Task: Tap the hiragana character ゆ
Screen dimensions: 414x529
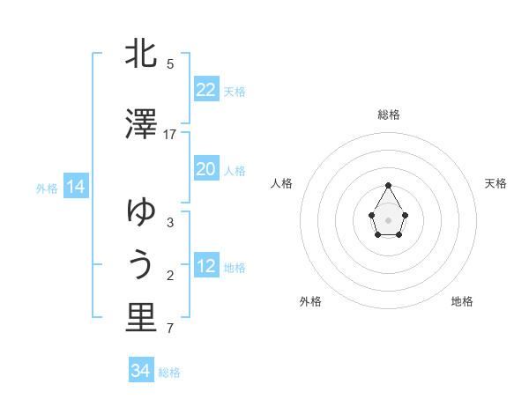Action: coord(141,211)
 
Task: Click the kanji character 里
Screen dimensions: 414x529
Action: coord(141,318)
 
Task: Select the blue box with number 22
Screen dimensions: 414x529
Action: coord(206,90)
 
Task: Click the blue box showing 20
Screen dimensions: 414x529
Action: coord(206,169)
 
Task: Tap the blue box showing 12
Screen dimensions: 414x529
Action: coord(206,266)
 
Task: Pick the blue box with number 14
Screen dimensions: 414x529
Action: coord(76,187)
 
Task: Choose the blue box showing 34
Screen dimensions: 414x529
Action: coord(141,371)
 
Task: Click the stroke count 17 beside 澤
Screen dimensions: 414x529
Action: coord(170,135)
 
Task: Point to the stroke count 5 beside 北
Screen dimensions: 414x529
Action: coord(170,64)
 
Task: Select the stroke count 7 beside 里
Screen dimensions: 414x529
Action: coord(170,329)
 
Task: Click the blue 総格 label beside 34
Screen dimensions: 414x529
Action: coord(170,373)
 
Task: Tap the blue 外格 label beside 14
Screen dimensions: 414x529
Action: coord(47,188)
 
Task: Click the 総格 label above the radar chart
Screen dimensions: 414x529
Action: coord(389,115)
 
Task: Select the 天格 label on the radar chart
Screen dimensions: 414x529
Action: coord(496,183)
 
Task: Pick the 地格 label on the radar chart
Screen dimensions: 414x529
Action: coord(462,301)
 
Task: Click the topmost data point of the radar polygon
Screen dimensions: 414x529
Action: coord(389,185)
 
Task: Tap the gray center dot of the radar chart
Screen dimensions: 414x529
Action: coord(389,218)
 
